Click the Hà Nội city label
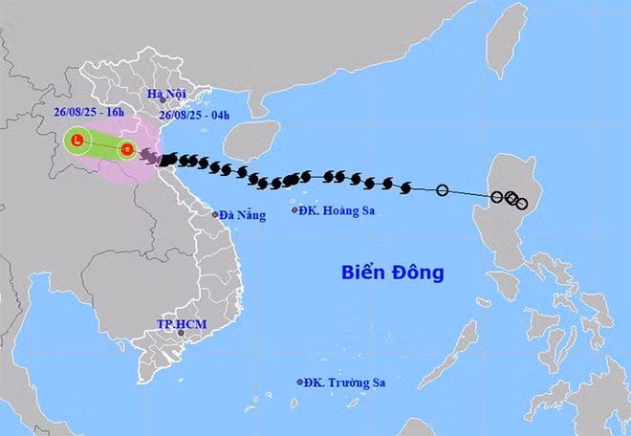[166, 93]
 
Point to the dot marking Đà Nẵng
[216, 214]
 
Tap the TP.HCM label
[182, 324]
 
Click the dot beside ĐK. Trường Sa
[300, 382]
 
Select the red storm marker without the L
[126, 148]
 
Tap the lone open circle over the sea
[442, 190]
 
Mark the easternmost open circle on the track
[521, 203]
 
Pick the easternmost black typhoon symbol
[405, 185]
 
